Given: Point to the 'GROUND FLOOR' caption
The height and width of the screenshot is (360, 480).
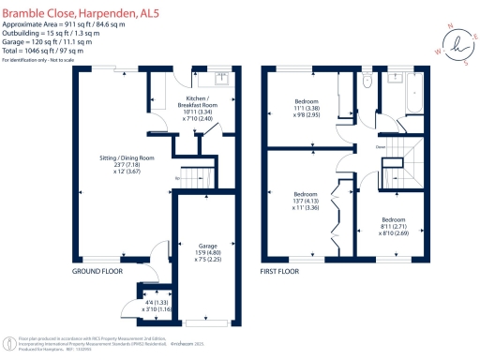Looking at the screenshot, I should [97, 271].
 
